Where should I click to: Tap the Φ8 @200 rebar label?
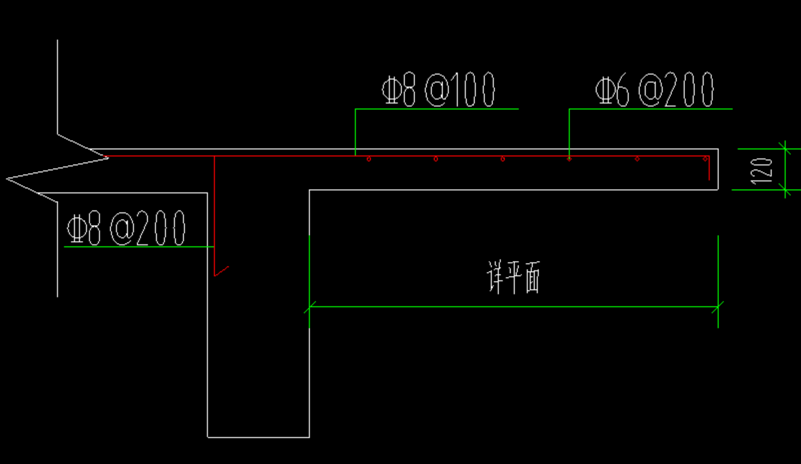(125, 229)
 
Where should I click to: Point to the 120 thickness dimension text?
(766, 170)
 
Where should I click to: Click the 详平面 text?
(514, 278)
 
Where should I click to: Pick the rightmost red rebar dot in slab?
(704, 159)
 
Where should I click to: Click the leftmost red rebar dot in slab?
(369, 159)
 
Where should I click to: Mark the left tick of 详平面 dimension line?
(310, 307)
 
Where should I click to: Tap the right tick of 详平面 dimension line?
(717, 307)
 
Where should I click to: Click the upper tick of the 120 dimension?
(784, 149)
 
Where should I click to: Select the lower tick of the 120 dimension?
(784, 190)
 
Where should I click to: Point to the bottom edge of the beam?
(259, 437)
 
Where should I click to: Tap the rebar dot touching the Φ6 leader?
(569, 159)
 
